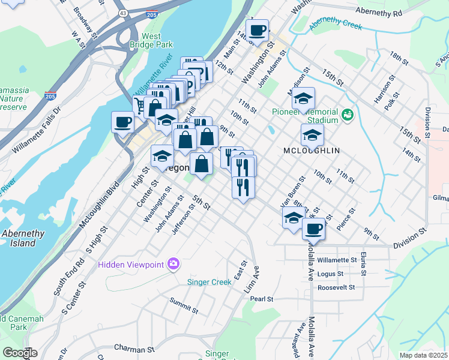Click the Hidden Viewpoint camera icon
pos(173,263)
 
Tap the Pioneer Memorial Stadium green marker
pos(346,114)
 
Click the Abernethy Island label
pos(23,238)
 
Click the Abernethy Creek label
pos(337,24)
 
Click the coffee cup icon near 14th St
pos(258,30)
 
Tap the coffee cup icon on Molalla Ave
pos(313,228)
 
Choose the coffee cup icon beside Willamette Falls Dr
pos(123,122)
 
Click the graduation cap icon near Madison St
pos(304,97)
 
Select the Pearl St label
pos(262,299)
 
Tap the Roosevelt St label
pos(337,287)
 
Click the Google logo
pos(20,353)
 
